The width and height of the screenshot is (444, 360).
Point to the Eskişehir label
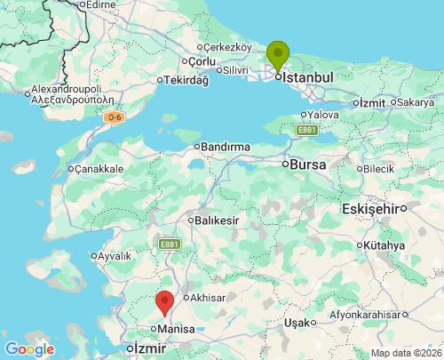pos(370,208)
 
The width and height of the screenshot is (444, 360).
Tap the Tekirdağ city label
pos(186,80)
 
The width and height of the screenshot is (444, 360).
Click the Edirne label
pos(99,4)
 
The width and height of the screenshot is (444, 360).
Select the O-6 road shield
pos(113,117)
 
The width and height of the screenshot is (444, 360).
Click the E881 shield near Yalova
pos(307,130)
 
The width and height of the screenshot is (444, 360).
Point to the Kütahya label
pos(384,245)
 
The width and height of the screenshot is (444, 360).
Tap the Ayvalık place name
pos(114,256)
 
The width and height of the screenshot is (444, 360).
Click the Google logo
pos(29,349)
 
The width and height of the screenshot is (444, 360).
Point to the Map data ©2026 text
pos(405,353)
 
